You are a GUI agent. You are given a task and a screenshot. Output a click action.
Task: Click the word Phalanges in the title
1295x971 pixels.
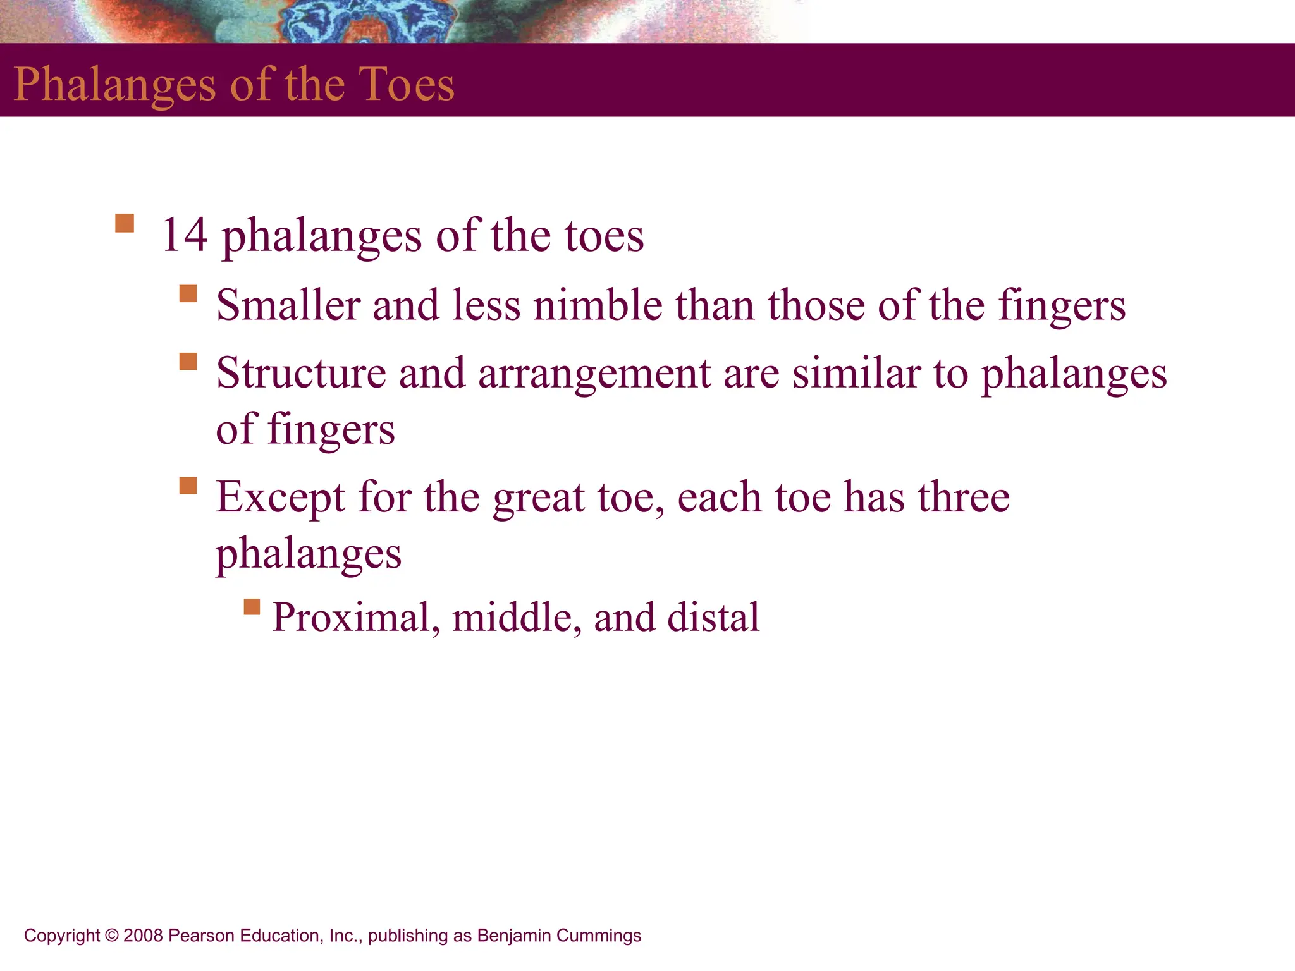tap(114, 85)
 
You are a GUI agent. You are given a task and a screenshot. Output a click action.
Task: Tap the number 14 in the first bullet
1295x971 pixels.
tap(185, 235)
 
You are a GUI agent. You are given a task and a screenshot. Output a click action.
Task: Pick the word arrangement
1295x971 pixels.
tap(594, 374)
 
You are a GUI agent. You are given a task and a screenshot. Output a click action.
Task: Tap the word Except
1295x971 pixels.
tap(281, 498)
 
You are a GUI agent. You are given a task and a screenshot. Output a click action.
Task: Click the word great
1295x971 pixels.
tap(539, 498)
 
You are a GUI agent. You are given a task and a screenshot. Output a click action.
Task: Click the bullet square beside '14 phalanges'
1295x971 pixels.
tap(125, 223)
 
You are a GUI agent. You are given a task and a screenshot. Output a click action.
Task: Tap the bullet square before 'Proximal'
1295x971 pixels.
tap(252, 607)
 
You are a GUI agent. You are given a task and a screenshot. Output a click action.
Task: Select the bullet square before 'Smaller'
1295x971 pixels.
tap(188, 293)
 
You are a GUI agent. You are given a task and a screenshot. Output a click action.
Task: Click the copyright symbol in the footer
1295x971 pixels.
tap(112, 936)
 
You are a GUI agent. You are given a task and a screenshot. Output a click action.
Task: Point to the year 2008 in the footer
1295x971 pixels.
tap(144, 936)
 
